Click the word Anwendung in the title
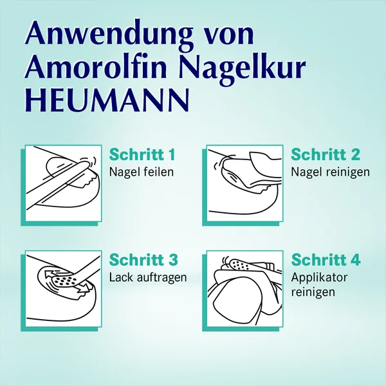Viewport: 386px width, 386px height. coord(108,36)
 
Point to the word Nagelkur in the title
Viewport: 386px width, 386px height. coord(242,69)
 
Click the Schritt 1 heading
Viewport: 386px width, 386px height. coord(142,154)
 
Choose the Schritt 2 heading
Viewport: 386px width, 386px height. coord(326,154)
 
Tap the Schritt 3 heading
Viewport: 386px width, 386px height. coord(143,260)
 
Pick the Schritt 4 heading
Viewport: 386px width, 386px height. coord(326,260)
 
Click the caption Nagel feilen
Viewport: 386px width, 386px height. coord(142,172)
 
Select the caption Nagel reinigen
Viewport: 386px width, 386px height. coord(331,172)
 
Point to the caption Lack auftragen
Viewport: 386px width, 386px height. coord(148,277)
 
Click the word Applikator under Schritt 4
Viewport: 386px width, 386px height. coord(319,277)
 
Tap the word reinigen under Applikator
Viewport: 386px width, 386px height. coord(313,292)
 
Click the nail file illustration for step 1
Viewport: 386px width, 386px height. coord(64,183)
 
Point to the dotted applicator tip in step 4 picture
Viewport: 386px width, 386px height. coord(241,264)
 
